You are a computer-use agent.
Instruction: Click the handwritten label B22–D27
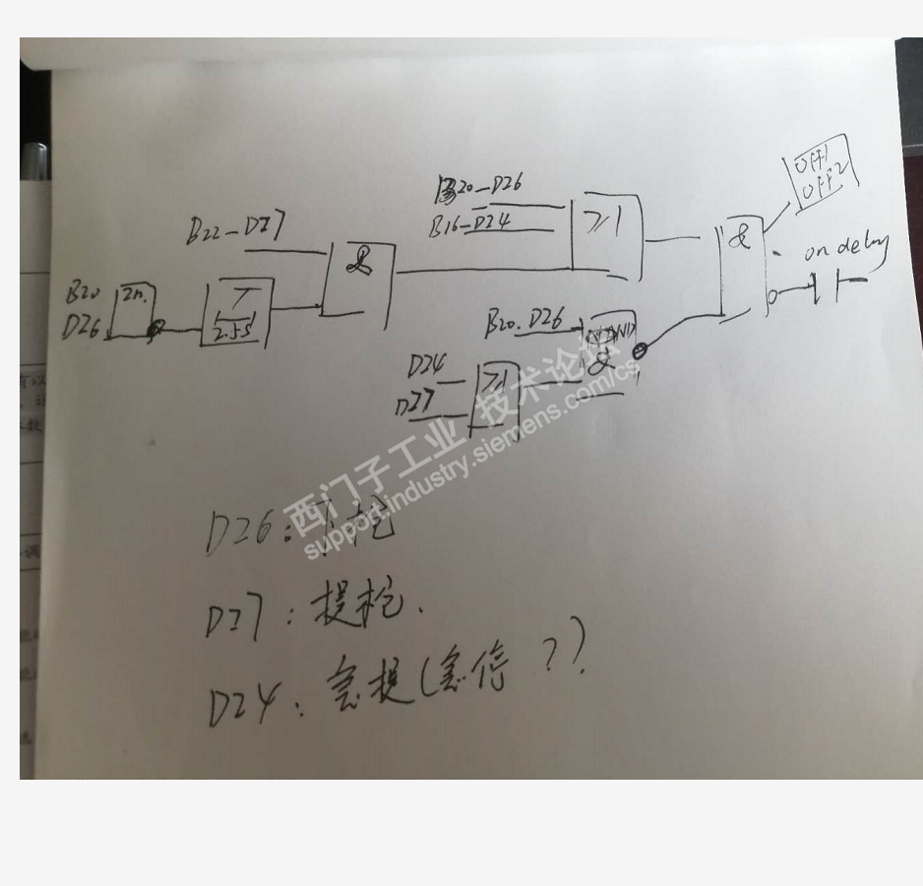(236, 230)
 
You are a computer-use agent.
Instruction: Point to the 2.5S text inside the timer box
(234, 332)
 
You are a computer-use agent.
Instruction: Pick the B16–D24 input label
(470, 225)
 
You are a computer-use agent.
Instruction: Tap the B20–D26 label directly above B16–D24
(479, 187)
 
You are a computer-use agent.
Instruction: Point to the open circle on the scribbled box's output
(640, 351)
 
